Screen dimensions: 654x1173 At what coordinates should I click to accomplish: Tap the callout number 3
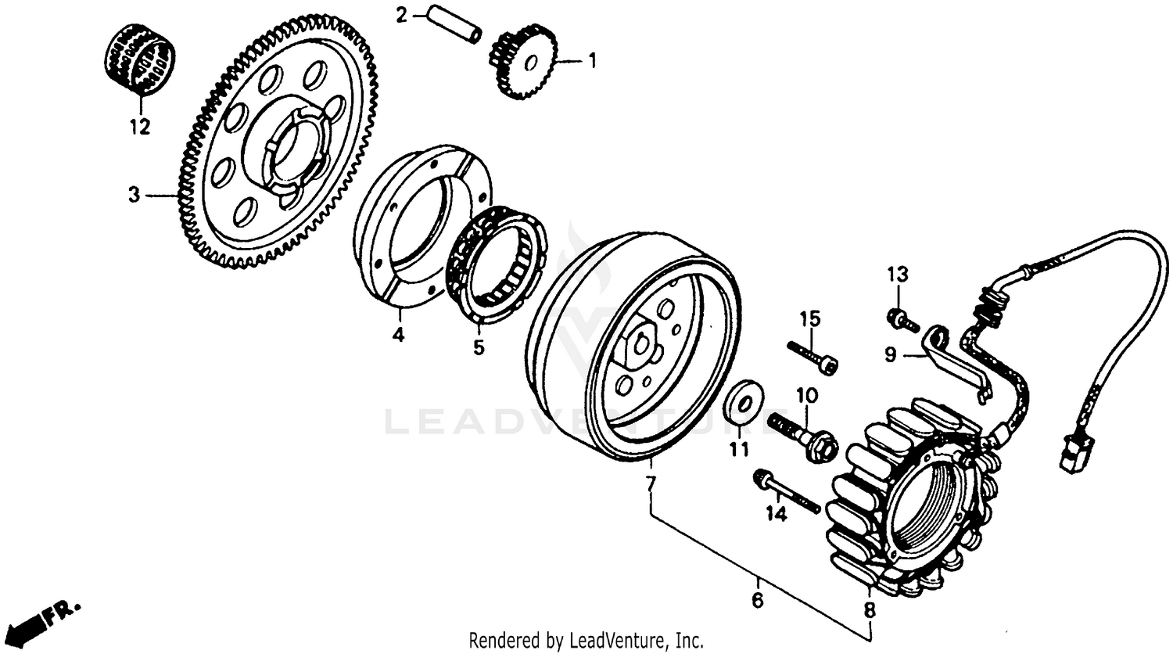pos(135,195)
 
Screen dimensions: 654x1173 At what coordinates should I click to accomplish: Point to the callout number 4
pos(398,335)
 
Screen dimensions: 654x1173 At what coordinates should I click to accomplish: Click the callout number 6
pos(757,602)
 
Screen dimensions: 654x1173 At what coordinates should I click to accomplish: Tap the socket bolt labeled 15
pos(813,356)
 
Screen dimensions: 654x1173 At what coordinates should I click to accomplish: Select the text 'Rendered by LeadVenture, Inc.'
pos(586,639)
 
